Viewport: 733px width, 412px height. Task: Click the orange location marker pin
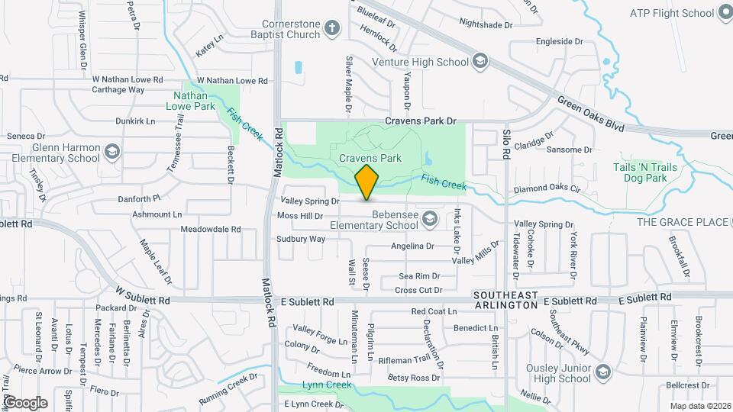click(x=366, y=182)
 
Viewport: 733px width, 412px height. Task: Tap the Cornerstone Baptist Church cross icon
click(x=331, y=29)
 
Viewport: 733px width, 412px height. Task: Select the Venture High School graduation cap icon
click(x=480, y=62)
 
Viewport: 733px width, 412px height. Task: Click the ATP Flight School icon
click(x=726, y=13)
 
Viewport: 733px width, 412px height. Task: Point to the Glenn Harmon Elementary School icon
click(x=113, y=152)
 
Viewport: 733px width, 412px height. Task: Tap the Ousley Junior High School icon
click(x=602, y=372)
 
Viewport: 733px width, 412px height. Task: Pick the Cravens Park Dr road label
click(x=420, y=121)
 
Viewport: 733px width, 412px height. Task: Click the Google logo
click(x=25, y=402)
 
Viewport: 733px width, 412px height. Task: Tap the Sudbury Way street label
click(x=301, y=239)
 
